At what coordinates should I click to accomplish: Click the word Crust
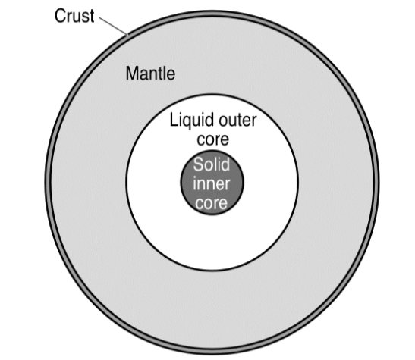74,16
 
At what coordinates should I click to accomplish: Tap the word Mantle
150,74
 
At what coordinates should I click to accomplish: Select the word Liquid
192,121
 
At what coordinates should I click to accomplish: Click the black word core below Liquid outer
212,139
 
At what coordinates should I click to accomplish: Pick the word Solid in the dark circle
212,164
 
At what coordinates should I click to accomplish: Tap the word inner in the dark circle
212,183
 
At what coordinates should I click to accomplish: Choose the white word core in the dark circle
212,204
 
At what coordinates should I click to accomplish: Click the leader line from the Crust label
113,26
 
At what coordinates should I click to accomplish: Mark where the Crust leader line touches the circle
127,35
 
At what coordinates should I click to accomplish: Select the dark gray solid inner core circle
212,183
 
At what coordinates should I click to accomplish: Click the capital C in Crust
60,16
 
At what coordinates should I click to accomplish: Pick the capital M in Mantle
132,74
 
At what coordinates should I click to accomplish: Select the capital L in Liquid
173,120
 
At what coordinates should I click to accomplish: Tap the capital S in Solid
199,164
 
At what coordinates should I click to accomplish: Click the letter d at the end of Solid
225,164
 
